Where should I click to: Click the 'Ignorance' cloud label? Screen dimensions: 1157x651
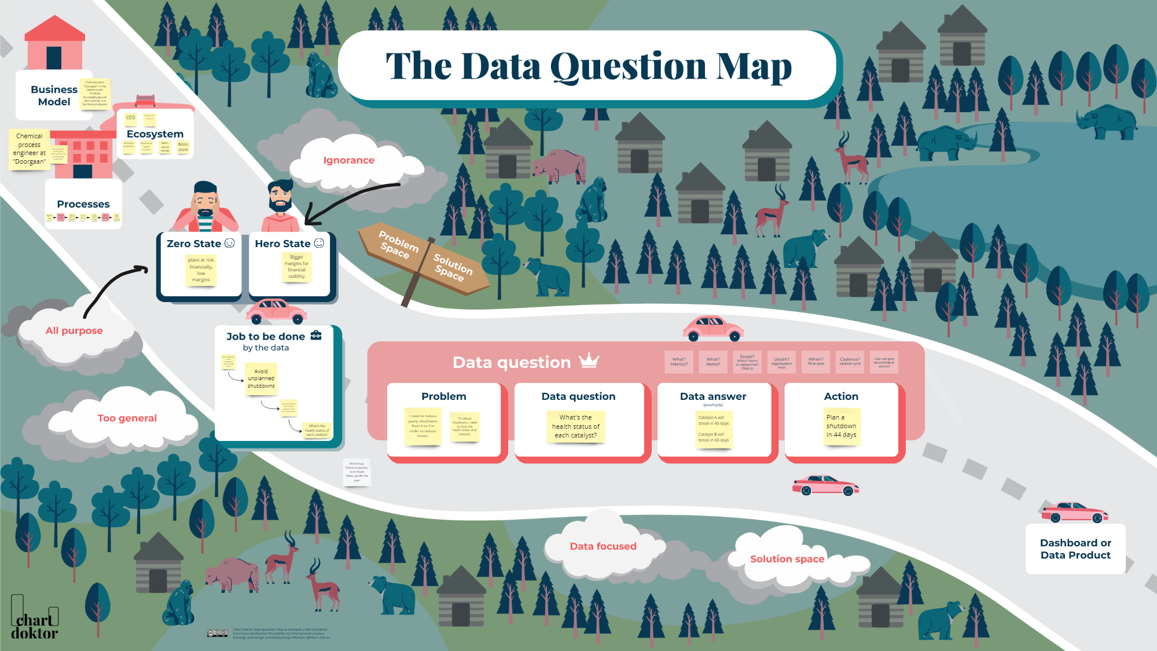tap(348, 160)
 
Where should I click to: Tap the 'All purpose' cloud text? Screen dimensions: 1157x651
tap(74, 330)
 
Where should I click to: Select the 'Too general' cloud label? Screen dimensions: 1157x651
tap(127, 418)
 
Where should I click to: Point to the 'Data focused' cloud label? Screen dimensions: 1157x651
tap(603, 546)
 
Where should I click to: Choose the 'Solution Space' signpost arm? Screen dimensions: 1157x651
tap(453, 267)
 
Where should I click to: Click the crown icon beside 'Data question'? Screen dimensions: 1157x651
tap(589, 361)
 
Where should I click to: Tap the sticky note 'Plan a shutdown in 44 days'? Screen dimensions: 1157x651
tap(842, 426)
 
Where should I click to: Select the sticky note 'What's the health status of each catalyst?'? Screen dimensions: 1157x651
tap(575, 426)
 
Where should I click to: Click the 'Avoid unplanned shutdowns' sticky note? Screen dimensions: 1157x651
tap(261, 378)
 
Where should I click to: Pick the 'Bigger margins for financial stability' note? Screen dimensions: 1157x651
tap(296, 267)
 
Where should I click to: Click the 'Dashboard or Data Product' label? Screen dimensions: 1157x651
tap(1075, 549)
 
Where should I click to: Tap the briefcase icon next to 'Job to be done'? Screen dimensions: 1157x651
tap(316, 336)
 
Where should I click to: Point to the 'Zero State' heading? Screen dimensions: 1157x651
tap(194, 244)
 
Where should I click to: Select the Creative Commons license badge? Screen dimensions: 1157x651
tap(217, 634)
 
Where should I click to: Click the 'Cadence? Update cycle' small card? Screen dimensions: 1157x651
tap(850, 362)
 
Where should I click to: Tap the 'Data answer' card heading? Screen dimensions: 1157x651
tap(713, 396)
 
